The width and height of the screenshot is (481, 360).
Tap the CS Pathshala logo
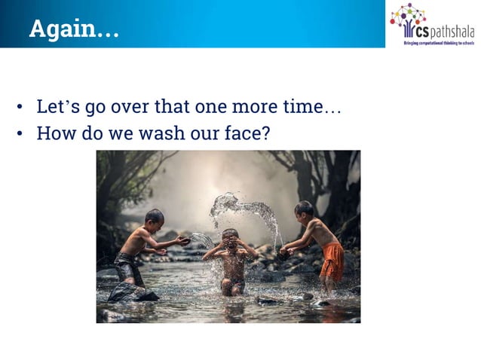[x=431, y=24]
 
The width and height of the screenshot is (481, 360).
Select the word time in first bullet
[x=301, y=107]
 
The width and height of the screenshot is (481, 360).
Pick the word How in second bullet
[x=54, y=133]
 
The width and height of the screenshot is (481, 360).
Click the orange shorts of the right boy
[x=332, y=260]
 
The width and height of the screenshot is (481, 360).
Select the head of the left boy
[x=155, y=218]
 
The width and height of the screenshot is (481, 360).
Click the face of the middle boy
[x=231, y=243]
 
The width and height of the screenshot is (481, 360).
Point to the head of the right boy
[x=304, y=209]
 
